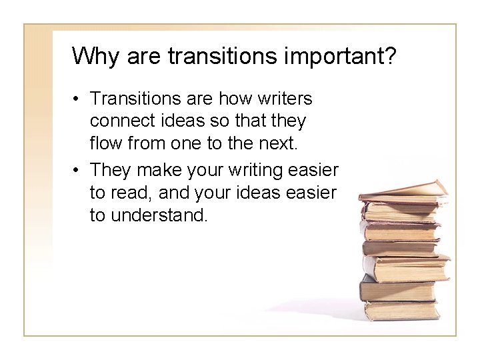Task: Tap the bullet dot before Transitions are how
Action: (78, 99)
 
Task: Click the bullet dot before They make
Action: (78, 171)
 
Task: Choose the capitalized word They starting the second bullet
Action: (110, 171)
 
